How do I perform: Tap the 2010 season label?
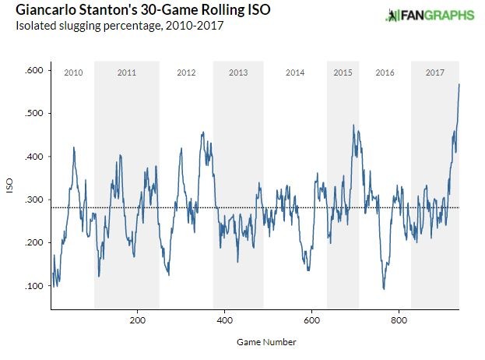point(72,72)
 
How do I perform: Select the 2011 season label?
point(127,72)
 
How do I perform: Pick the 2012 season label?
point(186,72)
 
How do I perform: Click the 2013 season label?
point(238,72)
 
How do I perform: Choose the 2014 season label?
point(295,72)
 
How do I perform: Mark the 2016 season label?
point(385,72)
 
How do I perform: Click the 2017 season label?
point(435,72)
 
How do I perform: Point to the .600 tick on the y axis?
point(33,71)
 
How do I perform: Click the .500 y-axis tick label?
point(33,114)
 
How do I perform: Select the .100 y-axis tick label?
point(33,287)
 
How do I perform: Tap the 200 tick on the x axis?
point(137,320)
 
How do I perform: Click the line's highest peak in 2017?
point(459,84)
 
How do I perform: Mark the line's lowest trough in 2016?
point(383,289)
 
